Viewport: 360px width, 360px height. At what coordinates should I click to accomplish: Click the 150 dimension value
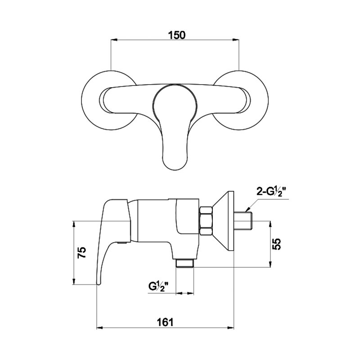[176, 35]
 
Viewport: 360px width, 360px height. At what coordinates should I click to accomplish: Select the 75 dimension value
[82, 252]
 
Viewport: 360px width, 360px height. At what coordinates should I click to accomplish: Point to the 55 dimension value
[277, 244]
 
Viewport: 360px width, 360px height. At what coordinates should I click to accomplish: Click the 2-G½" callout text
[273, 192]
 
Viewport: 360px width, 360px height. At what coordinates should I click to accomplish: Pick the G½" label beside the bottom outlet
[159, 287]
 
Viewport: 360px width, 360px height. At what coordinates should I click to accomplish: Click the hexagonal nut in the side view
[206, 220]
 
